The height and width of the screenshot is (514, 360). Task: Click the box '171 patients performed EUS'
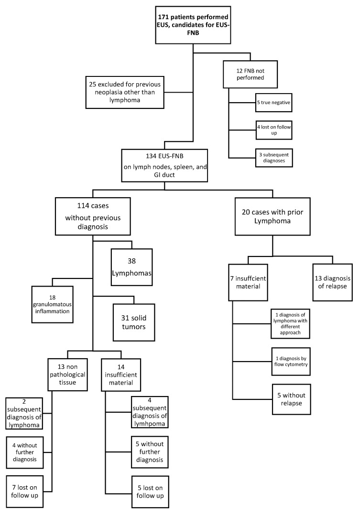193,23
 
